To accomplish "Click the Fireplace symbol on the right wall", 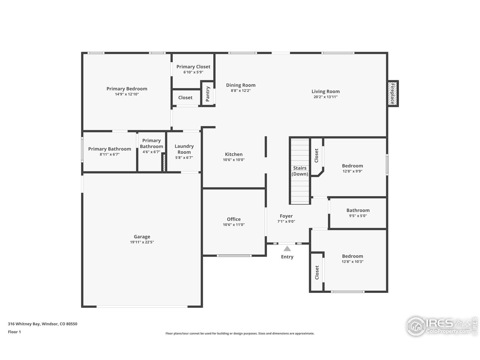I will (393, 94).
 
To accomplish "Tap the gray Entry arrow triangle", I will (287, 249).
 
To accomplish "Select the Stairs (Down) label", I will (300, 171).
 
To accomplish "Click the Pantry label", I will (207, 94).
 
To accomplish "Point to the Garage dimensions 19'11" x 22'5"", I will (142, 242).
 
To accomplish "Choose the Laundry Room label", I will (184, 149).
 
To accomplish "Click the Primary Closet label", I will (193, 67).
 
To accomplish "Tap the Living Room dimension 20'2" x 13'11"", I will (325, 97).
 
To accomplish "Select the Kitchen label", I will (234, 154).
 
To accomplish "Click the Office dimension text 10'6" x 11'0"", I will (234, 225).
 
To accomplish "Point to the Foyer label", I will (286, 216).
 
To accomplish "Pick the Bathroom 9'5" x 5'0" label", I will (358, 210).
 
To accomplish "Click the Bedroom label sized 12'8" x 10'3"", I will (352, 256).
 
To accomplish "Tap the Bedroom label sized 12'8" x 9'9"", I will (352, 166).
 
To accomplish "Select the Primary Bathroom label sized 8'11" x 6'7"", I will (109, 149).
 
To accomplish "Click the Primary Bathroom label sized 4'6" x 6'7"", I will (151, 143).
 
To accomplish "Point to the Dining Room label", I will (241, 85).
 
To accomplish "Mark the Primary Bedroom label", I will (127, 89).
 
